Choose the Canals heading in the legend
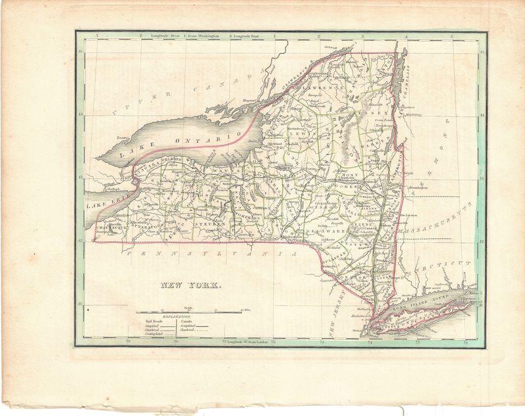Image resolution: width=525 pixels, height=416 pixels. coord(187,321)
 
